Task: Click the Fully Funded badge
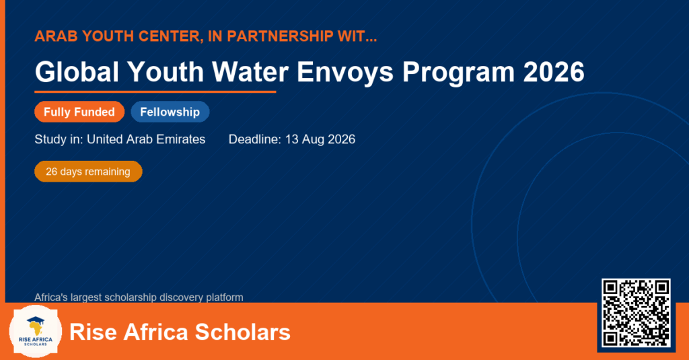79,112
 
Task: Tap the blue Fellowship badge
170,112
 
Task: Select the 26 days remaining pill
88,172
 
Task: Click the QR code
636,312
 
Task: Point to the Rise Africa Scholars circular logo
36,332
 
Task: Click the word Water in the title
250,71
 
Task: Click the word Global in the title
77,71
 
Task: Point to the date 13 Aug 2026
320,139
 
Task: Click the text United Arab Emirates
146,139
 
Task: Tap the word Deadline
254,139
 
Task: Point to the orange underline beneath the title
155,92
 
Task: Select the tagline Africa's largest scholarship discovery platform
139,297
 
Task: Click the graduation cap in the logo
36,320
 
